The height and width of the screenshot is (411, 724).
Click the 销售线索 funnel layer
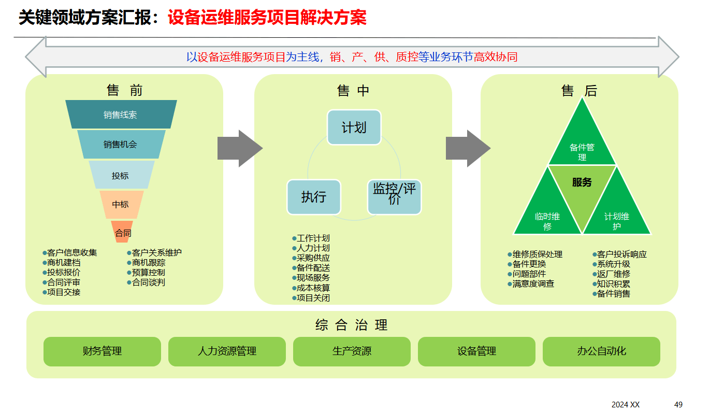pyautogui.click(x=121, y=115)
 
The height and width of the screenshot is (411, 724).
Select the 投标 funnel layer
pyautogui.click(x=121, y=175)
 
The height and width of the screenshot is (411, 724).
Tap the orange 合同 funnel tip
pyautogui.click(x=123, y=232)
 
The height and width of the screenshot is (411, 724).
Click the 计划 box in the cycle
pyautogui.click(x=354, y=127)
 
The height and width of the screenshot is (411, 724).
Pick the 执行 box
pyautogui.click(x=314, y=197)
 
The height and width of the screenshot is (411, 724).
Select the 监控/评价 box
pyautogui.click(x=394, y=196)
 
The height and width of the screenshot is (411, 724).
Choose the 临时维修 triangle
pyautogui.click(x=548, y=218)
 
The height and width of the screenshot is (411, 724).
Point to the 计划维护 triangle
pyautogui.click(x=617, y=218)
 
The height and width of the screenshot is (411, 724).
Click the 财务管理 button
pyautogui.click(x=102, y=351)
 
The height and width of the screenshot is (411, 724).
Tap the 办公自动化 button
pyautogui.click(x=601, y=351)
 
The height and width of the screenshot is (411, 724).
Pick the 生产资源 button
pyautogui.click(x=352, y=351)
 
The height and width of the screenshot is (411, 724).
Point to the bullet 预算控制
pyautogui.click(x=148, y=273)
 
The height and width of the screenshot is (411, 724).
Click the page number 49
pyautogui.click(x=678, y=404)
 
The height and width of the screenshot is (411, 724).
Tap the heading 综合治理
pyautogui.click(x=352, y=325)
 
